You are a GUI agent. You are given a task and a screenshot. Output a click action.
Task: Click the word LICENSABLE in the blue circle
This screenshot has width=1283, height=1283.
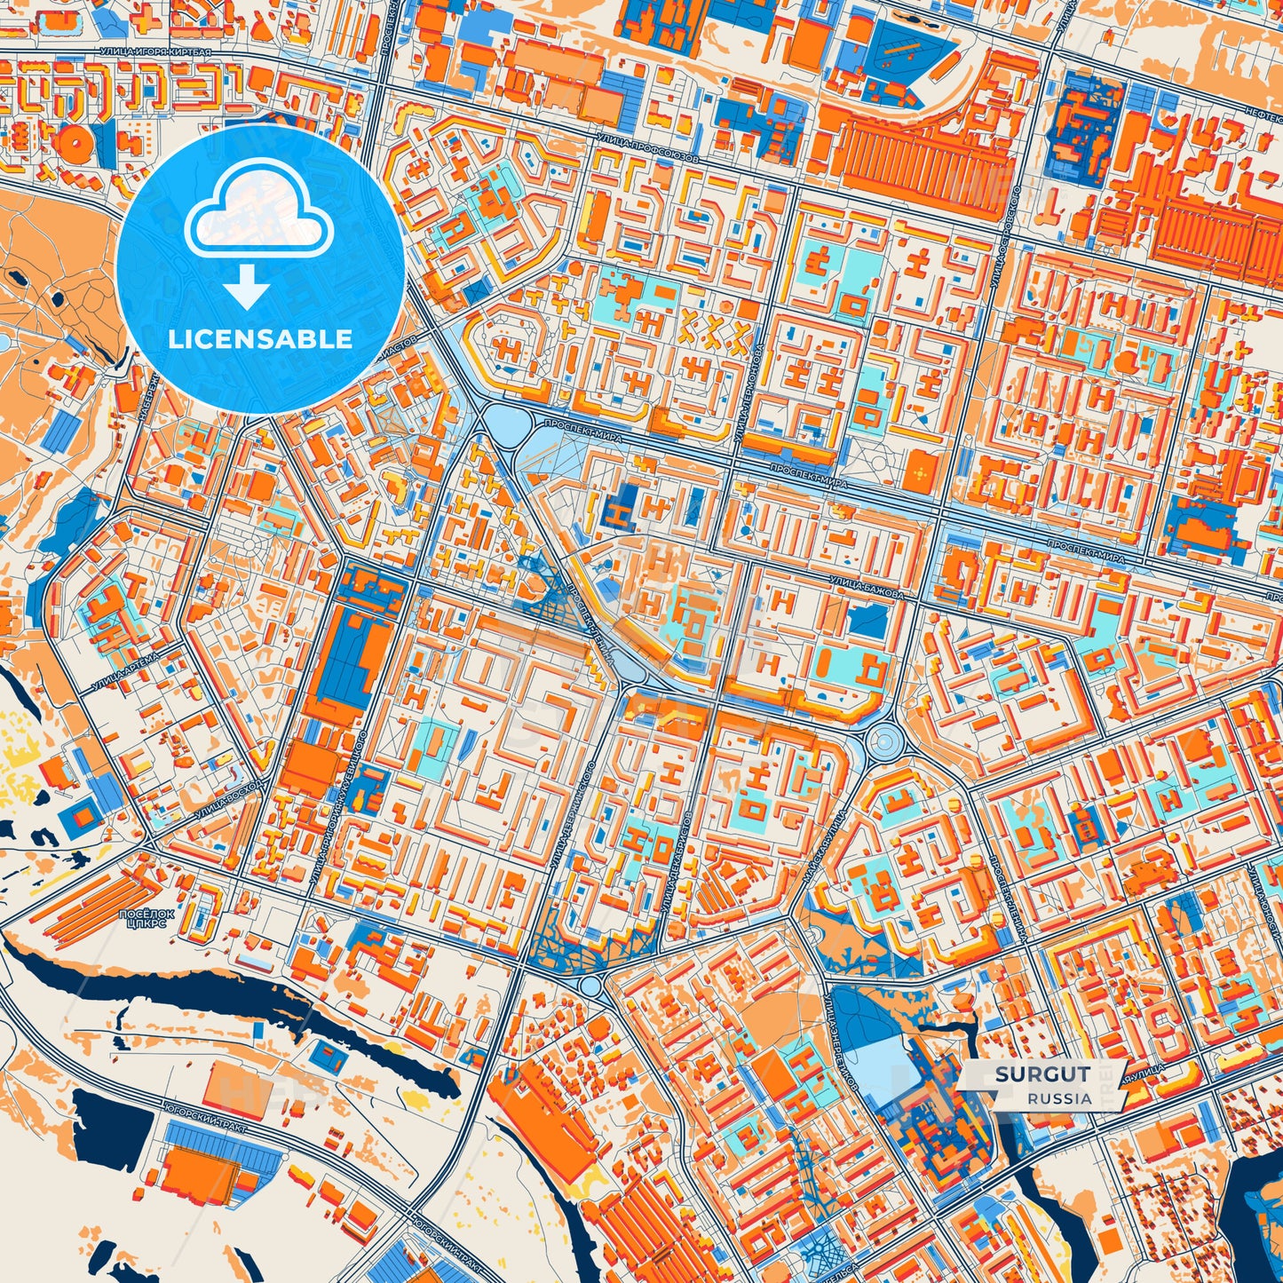point(260,339)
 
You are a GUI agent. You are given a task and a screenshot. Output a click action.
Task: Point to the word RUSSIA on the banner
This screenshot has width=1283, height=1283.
point(1060,1098)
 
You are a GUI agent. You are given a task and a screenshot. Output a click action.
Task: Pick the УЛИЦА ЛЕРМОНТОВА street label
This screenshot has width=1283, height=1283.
point(748,382)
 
